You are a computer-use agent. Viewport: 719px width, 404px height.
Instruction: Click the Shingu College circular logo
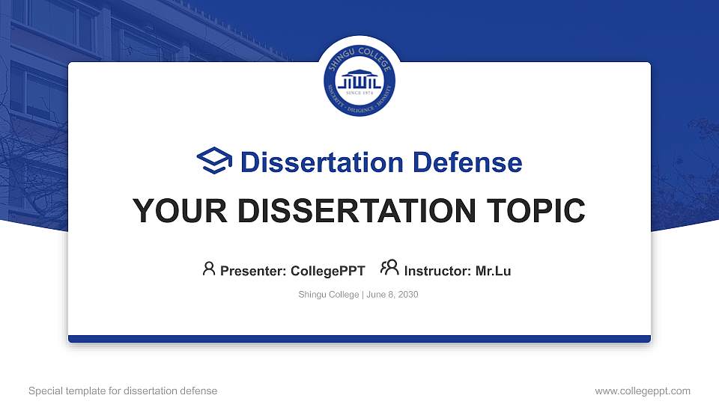359,81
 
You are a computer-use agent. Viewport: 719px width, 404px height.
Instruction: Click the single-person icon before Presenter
209,269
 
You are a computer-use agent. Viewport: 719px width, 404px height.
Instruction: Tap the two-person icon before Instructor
389,269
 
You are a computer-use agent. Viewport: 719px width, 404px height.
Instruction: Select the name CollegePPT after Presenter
327,271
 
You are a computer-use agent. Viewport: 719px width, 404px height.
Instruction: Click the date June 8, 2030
392,295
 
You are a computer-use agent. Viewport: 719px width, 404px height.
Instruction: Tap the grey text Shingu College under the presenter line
329,295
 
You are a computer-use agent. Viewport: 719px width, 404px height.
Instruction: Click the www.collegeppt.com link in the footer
642,391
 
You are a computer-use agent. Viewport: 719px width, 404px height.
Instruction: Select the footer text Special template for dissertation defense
123,391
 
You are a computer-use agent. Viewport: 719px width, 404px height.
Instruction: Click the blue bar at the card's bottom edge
359,339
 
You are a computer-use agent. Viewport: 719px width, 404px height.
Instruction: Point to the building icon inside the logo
359,79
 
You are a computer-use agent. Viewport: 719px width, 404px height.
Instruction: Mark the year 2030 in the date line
408,295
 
